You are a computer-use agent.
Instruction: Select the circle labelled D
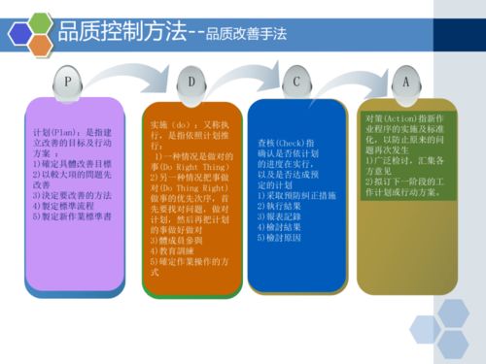point(191,83)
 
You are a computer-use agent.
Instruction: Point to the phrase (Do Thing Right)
point(193,188)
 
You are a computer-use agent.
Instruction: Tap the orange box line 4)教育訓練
point(171,250)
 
